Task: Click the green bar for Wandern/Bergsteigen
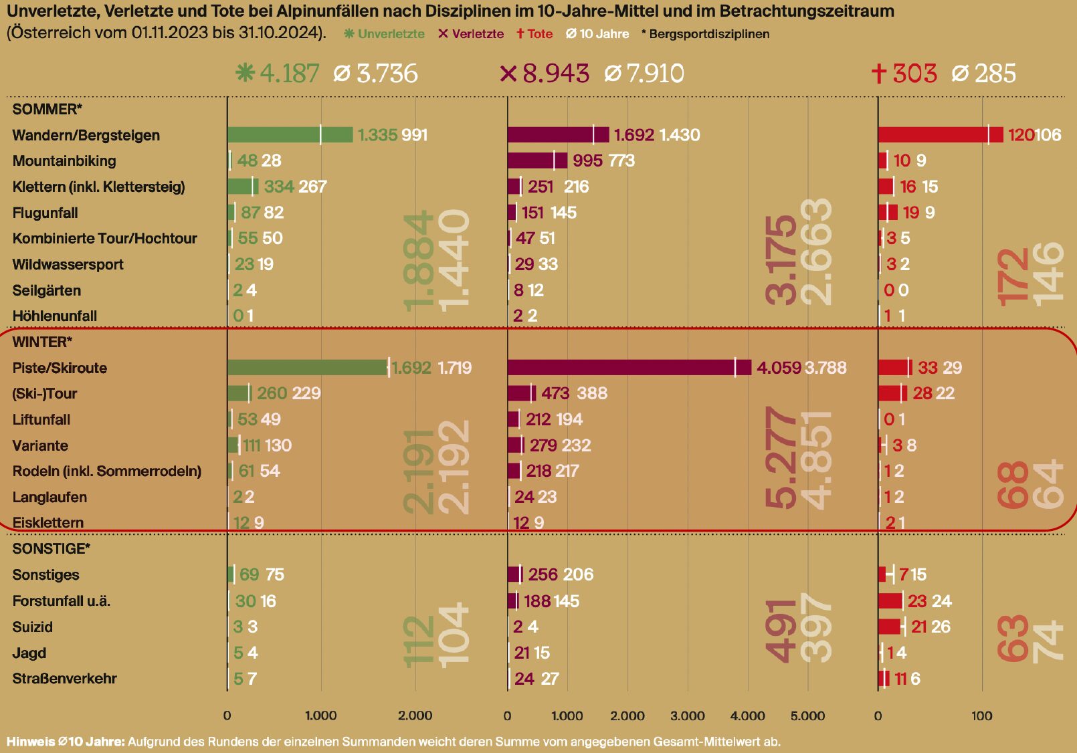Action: point(289,134)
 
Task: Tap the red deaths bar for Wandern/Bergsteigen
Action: point(940,134)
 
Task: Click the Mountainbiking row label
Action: point(64,160)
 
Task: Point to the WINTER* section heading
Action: point(42,342)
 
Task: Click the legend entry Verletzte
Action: point(471,34)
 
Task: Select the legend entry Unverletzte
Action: point(385,34)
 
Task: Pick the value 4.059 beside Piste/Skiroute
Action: point(778,368)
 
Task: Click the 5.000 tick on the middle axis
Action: point(807,716)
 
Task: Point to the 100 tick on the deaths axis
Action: point(981,716)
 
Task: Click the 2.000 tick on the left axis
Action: point(415,716)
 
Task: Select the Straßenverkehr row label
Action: point(64,679)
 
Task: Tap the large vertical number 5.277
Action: point(781,458)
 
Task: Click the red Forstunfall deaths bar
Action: point(890,601)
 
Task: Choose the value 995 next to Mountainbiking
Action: point(587,160)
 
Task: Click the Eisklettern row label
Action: point(48,522)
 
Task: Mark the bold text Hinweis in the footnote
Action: point(30,742)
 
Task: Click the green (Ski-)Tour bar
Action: point(238,393)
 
